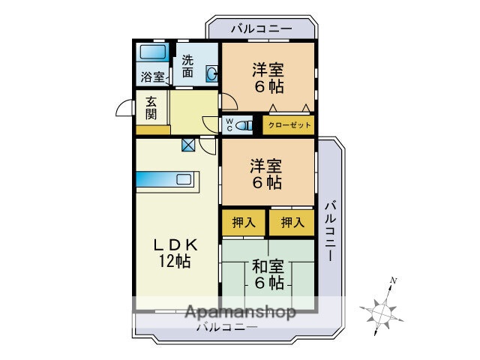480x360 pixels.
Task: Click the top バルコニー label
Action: pyautogui.click(x=260, y=28)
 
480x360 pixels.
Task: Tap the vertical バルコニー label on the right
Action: pyautogui.click(x=330, y=230)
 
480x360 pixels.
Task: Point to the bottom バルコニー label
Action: pyautogui.click(x=227, y=327)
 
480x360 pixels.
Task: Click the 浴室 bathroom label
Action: pyautogui.click(x=152, y=76)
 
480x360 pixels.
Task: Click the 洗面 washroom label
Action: pyautogui.click(x=187, y=67)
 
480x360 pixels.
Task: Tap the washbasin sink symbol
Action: pyautogui.click(x=211, y=73)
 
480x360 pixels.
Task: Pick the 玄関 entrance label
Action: pyautogui.click(x=151, y=108)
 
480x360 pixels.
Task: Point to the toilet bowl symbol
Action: pyautogui.click(x=244, y=126)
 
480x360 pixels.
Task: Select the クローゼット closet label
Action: pyautogui.click(x=289, y=125)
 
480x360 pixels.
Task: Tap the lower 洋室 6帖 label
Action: pyautogui.click(x=266, y=173)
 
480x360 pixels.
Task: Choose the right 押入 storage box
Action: pyautogui.click(x=292, y=222)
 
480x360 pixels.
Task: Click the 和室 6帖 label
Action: pyautogui.click(x=267, y=274)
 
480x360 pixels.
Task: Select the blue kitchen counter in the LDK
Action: pyautogui.click(x=166, y=181)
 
